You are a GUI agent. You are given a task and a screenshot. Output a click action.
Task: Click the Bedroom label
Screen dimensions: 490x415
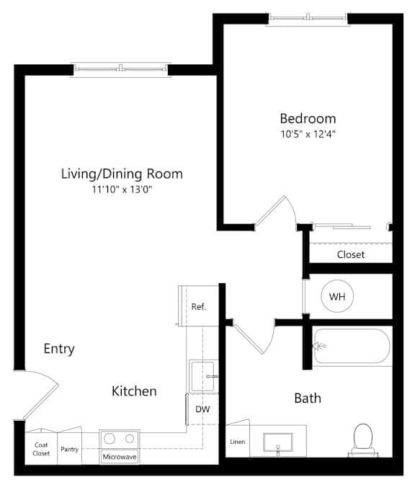[308, 119]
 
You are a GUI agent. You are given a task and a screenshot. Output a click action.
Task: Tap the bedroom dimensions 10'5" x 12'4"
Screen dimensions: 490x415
[308, 134]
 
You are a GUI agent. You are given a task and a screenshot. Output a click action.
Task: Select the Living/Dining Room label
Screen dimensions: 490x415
[121, 174]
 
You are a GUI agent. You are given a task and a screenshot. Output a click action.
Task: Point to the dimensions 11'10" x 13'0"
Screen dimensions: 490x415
[121, 190]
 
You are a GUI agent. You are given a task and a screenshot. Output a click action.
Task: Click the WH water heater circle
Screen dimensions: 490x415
[336, 296]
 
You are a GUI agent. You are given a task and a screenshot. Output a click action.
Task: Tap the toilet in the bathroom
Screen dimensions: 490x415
[362, 437]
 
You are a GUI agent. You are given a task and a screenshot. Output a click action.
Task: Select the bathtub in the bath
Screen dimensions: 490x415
[352, 346]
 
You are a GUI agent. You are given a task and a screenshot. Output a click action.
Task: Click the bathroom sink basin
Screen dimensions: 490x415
[277, 440]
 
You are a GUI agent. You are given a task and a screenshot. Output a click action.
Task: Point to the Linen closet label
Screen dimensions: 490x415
[237, 441]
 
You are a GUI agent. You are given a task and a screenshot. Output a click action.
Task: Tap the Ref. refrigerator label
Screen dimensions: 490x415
[199, 307]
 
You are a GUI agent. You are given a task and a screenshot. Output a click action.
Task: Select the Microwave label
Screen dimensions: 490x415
[120, 457]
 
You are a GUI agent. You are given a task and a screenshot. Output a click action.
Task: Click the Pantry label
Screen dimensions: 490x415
[70, 449]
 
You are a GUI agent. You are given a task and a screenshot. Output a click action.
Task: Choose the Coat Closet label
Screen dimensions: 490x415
[42, 449]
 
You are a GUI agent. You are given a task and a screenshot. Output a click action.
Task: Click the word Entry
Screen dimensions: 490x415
[59, 349]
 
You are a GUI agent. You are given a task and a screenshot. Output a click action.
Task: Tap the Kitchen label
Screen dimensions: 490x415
[134, 391]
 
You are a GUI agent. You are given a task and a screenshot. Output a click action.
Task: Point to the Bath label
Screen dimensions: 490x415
[308, 398]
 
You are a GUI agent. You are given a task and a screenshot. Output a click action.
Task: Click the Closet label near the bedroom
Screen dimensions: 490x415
[351, 254]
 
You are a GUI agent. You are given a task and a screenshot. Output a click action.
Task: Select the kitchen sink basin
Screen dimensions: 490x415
[202, 375]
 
